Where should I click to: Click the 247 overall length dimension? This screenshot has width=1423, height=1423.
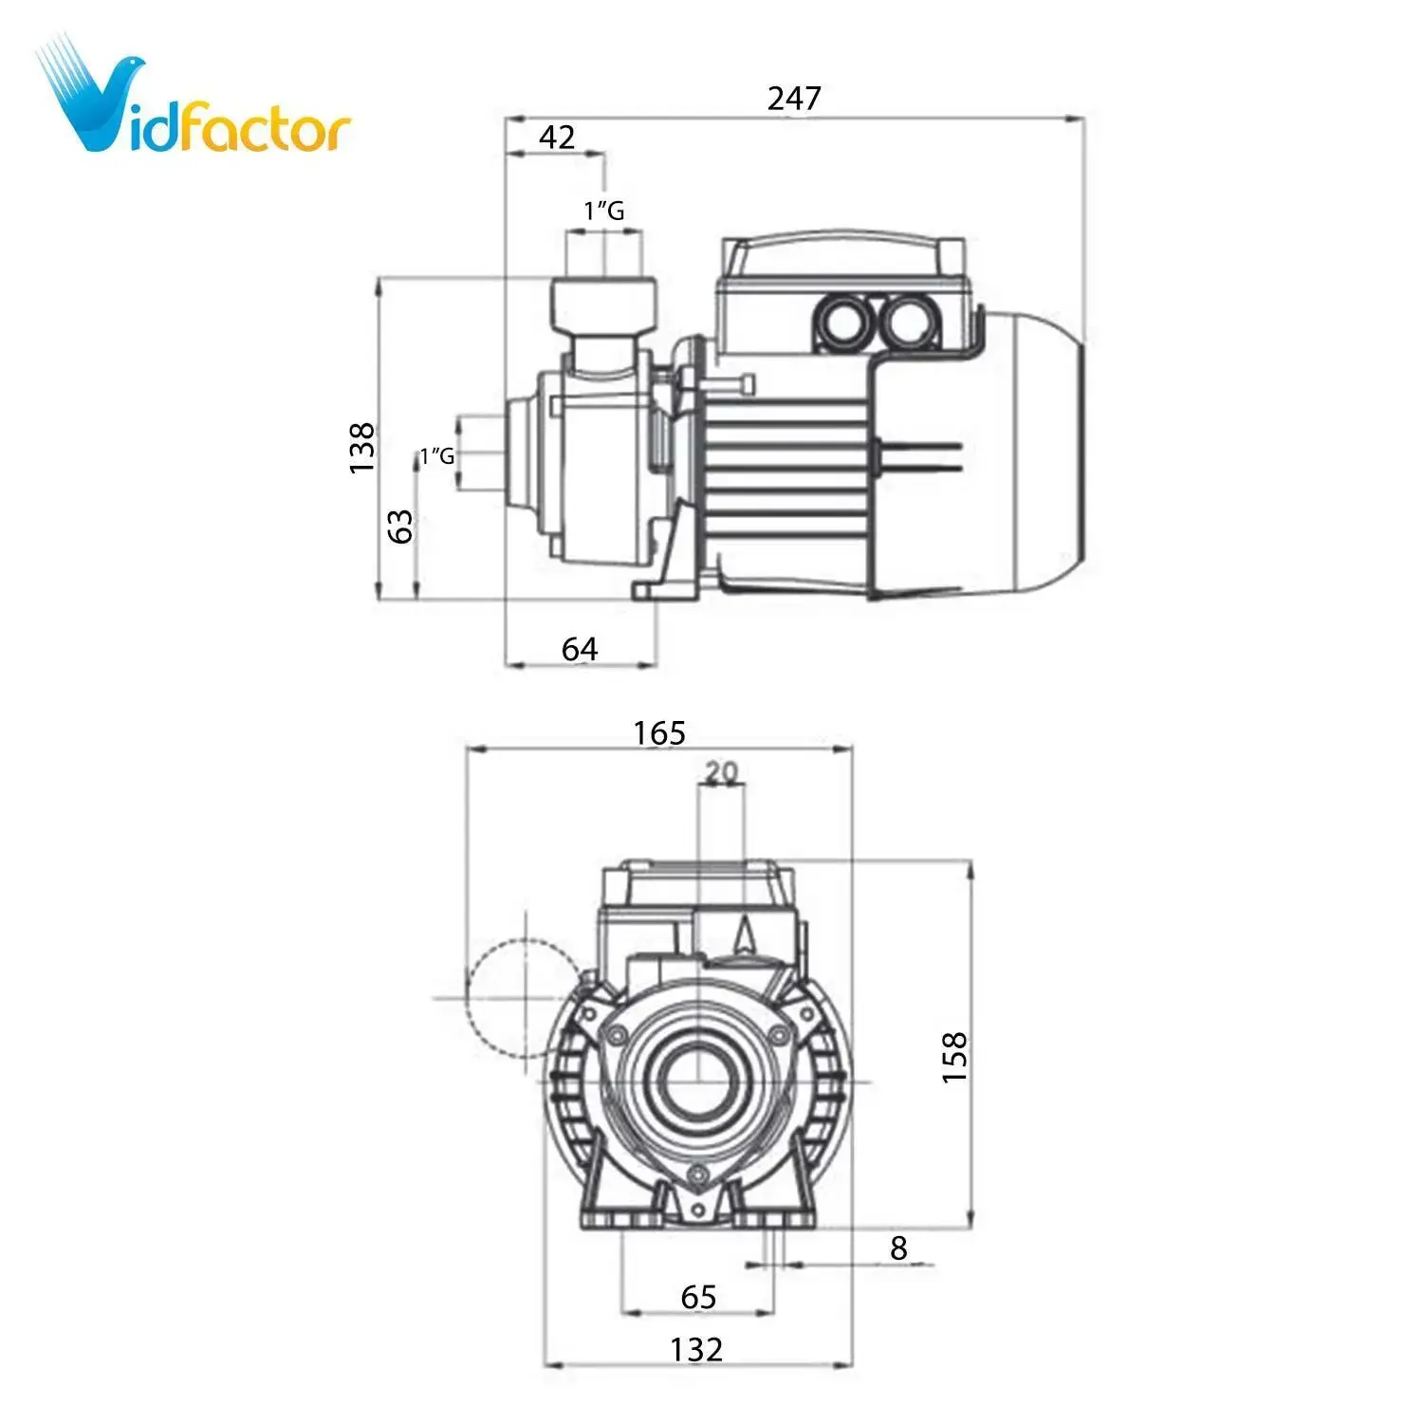pos(794,98)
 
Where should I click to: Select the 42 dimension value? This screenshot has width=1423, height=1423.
pos(557,138)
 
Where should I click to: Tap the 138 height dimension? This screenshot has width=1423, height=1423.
pos(362,448)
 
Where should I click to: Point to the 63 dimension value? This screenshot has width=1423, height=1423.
pos(402,526)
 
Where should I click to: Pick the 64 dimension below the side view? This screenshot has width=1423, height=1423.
pos(580,649)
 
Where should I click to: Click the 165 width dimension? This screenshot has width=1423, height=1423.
pos(659,732)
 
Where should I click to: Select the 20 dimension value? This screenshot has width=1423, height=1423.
pos(721,773)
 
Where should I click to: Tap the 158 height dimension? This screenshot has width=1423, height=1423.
pos(954,1057)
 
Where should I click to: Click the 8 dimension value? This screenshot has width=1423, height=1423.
pos(898,1247)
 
